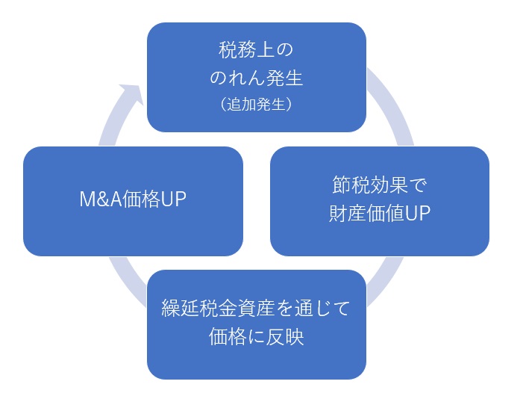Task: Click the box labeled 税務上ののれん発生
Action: (x=256, y=77)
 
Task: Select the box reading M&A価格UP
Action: (x=133, y=201)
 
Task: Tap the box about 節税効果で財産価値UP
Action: (x=379, y=201)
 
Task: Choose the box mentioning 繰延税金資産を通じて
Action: (x=256, y=324)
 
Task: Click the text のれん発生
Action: (x=256, y=78)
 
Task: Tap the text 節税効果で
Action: (x=379, y=185)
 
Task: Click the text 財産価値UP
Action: (x=379, y=214)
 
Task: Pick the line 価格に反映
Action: (x=256, y=337)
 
